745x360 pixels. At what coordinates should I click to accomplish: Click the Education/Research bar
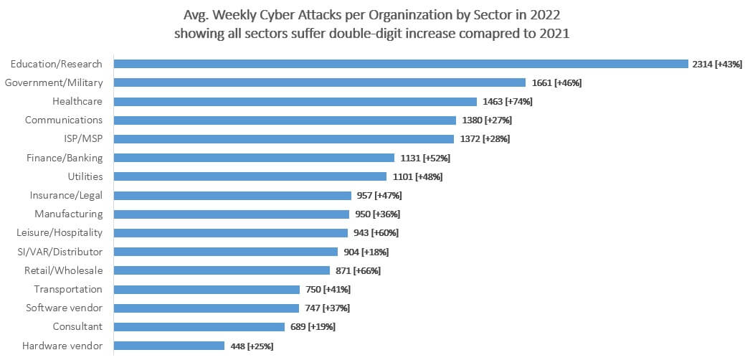(402, 64)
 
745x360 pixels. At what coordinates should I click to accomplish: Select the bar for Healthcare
(295, 102)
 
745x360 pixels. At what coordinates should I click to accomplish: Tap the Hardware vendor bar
(169, 346)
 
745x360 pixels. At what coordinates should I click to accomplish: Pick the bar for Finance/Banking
(255, 158)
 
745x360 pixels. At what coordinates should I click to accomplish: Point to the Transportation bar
(207, 290)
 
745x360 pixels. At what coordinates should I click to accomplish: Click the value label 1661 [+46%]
(556, 83)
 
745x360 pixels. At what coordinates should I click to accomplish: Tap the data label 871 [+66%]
(358, 271)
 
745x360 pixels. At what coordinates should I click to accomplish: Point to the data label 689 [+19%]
(313, 327)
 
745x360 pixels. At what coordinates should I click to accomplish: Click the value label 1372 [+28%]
(485, 139)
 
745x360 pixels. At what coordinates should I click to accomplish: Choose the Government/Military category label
(54, 82)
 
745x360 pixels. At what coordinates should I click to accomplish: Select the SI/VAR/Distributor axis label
(60, 252)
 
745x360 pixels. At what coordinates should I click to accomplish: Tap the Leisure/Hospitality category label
(60, 232)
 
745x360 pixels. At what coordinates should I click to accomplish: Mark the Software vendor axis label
(64, 308)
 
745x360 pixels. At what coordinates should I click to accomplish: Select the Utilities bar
(251, 176)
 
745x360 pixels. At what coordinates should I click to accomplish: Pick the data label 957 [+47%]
(379, 195)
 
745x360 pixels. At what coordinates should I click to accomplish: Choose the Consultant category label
(77, 326)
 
